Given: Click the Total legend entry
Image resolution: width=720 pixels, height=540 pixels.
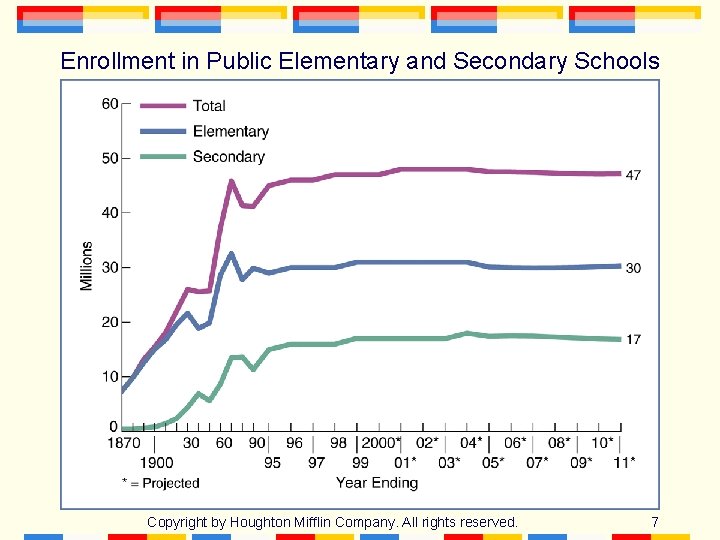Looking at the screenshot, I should pos(209,105).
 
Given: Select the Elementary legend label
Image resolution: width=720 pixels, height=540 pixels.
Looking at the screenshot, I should pos(230,131).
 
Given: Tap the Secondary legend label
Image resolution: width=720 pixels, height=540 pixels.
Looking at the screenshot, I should pos(228,156).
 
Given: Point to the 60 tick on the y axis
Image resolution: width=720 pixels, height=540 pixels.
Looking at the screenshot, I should pos(110,104).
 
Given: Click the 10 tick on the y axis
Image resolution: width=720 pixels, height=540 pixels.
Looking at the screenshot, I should pos(110,377).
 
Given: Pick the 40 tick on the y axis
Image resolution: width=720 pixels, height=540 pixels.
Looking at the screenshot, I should pos(110,213).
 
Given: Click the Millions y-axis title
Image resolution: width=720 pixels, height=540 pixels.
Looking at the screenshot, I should pos(87,266).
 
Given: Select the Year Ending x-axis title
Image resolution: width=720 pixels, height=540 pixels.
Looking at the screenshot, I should pos(376,483).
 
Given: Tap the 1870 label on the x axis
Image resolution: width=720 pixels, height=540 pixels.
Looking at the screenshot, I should pos(123,443).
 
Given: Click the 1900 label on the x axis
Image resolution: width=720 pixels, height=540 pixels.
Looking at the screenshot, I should pos(156,462).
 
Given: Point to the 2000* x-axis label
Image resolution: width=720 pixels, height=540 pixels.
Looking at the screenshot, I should pos(381,443).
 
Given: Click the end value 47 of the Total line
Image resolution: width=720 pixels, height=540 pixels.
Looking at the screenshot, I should pos(633,175).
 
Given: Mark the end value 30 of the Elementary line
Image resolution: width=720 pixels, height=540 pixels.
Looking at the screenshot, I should pos(633,268).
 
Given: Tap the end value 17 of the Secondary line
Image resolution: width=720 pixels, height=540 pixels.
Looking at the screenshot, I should pos(633,340).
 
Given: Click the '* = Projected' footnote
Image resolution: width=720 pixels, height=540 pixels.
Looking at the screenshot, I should pos(160,483).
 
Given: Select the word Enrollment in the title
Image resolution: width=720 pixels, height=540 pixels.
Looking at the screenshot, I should pos(117,61).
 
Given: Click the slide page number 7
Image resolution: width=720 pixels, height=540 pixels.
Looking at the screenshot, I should pos(654,522).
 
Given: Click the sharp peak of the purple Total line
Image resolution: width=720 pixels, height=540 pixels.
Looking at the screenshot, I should pos(231,181).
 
